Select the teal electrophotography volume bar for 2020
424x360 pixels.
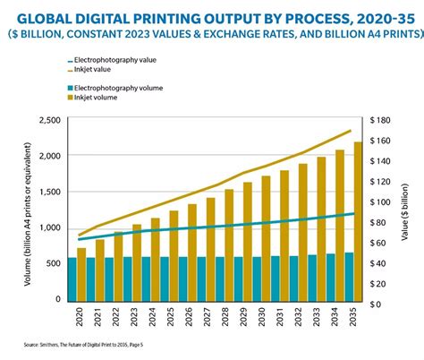(81, 279)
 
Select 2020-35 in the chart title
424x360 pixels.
(375, 13)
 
